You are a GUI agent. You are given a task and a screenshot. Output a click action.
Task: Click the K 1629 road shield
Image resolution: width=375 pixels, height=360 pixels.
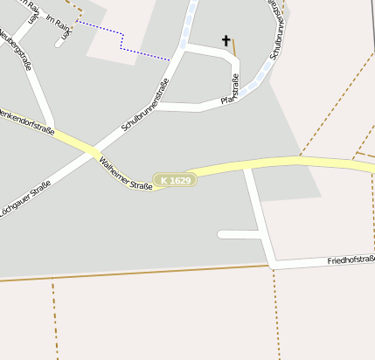click(x=175, y=180)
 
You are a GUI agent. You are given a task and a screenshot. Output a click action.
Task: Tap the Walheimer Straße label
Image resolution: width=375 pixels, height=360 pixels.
click(x=127, y=174)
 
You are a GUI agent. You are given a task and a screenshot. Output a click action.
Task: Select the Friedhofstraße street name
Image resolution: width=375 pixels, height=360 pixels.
click(x=351, y=260)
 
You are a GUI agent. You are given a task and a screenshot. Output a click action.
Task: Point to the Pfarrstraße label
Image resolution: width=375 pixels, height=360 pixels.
click(x=233, y=91)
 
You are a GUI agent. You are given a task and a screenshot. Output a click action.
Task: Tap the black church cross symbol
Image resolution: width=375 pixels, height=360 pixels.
click(x=226, y=40)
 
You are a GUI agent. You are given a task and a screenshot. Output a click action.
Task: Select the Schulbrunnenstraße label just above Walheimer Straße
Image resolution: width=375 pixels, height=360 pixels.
click(x=143, y=107)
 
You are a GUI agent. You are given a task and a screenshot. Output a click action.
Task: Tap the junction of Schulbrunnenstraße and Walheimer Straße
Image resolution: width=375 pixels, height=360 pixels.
click(x=94, y=152)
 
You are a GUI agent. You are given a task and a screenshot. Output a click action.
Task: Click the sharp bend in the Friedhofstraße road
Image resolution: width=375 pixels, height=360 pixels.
click(x=272, y=262)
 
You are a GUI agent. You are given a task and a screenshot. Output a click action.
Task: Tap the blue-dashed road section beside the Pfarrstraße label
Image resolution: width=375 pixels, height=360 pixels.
click(x=254, y=84)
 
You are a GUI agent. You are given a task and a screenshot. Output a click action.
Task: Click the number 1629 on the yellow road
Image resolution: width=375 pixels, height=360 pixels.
click(x=180, y=180)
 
